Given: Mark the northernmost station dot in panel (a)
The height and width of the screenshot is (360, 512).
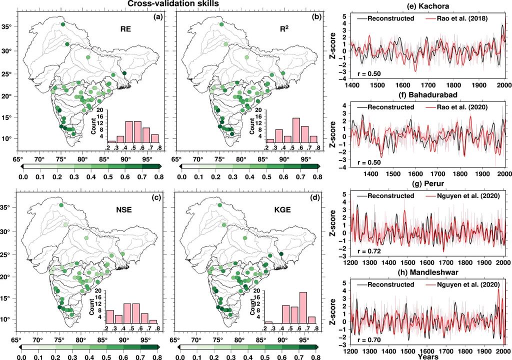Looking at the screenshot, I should (63, 24).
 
